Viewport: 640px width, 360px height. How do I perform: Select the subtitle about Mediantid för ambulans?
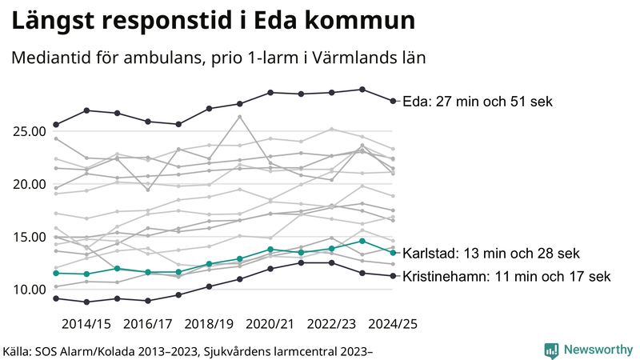point(217,58)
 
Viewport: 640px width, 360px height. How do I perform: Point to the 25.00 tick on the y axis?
point(26,131)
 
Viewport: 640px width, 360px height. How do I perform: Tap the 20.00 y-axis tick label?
point(26,184)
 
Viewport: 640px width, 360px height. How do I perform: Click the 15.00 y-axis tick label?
point(26,237)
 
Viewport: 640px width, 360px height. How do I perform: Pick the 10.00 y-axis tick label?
point(26,289)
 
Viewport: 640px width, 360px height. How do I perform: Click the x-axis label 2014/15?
point(86,324)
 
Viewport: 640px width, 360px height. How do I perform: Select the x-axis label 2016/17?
point(147,324)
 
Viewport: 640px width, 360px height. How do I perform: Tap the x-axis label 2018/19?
point(209,324)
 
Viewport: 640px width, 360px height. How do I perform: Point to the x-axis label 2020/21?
point(270,324)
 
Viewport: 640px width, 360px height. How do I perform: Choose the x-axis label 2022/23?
point(332,324)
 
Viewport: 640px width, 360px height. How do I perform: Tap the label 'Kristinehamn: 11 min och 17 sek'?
point(506,277)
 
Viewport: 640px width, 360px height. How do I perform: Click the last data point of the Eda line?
point(393,101)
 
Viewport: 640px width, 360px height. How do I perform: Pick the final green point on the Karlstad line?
point(393,253)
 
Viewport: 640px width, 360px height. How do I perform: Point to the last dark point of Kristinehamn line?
point(393,276)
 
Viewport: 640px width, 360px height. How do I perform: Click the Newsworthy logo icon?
point(551,350)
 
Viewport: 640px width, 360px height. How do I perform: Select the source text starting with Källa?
point(189,350)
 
